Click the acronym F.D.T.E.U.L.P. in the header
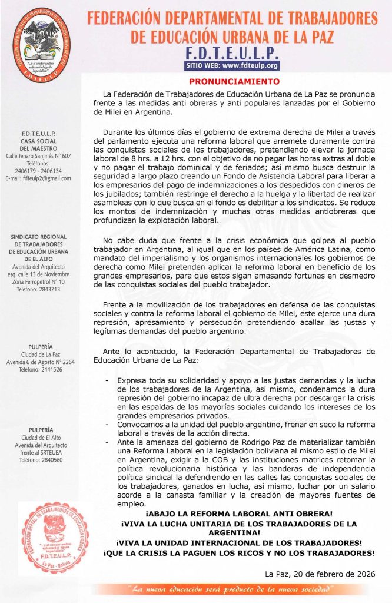[231, 51]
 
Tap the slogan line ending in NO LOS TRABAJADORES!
[238, 554]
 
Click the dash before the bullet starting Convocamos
[106, 423]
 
